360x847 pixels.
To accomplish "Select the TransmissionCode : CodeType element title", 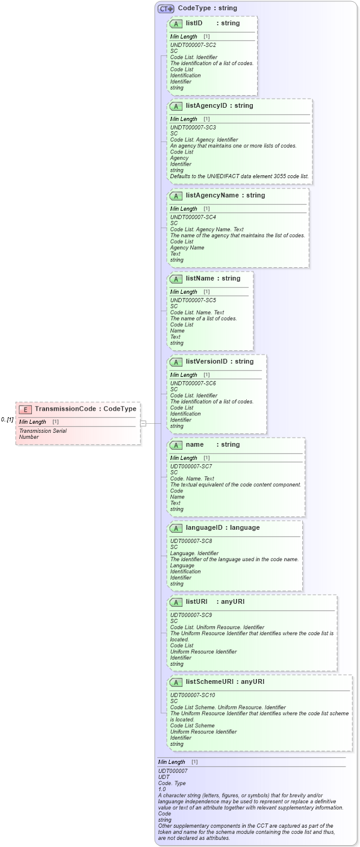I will click(x=85, y=409).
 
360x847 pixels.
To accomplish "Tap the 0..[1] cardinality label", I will click(x=7, y=420).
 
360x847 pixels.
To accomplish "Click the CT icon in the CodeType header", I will click(x=166, y=9).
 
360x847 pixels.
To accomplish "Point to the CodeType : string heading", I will click(x=207, y=8).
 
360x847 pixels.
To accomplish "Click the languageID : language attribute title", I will click(x=223, y=528).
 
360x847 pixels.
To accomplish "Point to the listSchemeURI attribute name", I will click(x=211, y=682).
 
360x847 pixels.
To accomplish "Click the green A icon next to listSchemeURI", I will click(x=176, y=683).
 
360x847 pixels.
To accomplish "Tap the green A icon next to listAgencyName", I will click(x=176, y=196).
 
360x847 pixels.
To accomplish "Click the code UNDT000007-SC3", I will click(x=193, y=128).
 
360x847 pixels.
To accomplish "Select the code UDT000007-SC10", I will click(x=193, y=695).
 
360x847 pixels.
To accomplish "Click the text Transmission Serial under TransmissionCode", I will click(x=43, y=431).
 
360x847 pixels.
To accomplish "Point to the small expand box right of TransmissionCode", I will click(x=143, y=423).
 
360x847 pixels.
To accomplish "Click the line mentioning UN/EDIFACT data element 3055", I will click(x=239, y=176).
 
